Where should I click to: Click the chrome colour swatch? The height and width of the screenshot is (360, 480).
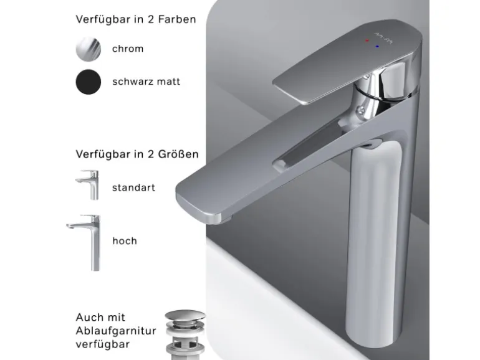click(88, 49)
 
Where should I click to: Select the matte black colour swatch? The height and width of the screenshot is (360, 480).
click(88, 82)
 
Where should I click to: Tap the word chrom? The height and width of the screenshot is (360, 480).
click(128, 49)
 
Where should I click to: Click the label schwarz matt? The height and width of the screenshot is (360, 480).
click(146, 82)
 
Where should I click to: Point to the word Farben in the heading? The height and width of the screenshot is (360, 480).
click(177, 19)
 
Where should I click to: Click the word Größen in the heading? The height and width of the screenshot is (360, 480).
click(178, 154)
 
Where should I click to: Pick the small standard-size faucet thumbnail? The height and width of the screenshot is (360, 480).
click(87, 185)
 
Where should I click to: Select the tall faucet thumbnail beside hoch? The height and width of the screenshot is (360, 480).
click(84, 242)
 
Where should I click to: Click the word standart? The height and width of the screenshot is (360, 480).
click(133, 187)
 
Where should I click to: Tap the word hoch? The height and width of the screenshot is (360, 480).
click(125, 240)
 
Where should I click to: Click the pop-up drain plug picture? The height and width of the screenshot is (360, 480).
click(185, 334)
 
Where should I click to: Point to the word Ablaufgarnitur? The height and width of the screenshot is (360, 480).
click(116, 331)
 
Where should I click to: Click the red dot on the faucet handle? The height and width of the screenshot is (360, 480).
click(367, 40)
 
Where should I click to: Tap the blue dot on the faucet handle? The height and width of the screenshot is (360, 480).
click(377, 47)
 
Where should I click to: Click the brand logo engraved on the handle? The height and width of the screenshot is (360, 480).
click(383, 37)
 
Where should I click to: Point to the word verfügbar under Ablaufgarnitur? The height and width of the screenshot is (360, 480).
click(103, 344)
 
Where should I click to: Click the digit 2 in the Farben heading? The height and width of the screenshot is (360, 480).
click(151, 19)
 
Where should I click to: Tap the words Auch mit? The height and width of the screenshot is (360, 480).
click(100, 318)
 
